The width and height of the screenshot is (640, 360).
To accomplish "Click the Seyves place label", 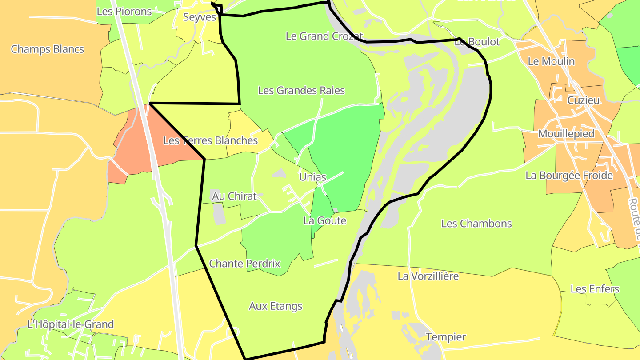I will coord(200,17).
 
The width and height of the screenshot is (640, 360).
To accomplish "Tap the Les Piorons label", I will coord(124,12).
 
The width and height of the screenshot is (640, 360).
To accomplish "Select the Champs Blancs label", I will coord(47,49).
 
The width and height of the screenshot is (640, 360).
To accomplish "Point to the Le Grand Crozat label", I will coord(324,36).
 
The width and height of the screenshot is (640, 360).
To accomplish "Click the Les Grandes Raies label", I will coord(301,91).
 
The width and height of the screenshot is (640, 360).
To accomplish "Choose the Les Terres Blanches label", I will coord(210,140).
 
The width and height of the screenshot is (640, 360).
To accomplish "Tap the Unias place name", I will coord(313,177).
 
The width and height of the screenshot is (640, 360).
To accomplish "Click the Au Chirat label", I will coord(234,196).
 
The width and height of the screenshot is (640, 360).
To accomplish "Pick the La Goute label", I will coord(324,220).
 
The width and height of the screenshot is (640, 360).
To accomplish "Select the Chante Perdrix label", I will coord(244,264).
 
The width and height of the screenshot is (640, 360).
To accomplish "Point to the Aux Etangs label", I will coord(276,306).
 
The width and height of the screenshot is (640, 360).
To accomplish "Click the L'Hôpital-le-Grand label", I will coord(71,324).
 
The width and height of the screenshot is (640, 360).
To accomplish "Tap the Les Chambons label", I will coord(476,223).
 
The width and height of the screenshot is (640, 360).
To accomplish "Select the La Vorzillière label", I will coord(428,276).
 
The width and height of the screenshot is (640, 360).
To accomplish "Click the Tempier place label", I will coord(446,337).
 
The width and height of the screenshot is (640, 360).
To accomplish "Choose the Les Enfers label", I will coord(595,289).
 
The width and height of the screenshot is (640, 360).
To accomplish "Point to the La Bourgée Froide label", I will coord(569,176).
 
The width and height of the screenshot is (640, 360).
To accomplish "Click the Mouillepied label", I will coord(566,134).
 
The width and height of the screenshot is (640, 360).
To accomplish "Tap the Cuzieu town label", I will coord(583,100).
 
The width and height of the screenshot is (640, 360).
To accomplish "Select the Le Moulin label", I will coord(551,61).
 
